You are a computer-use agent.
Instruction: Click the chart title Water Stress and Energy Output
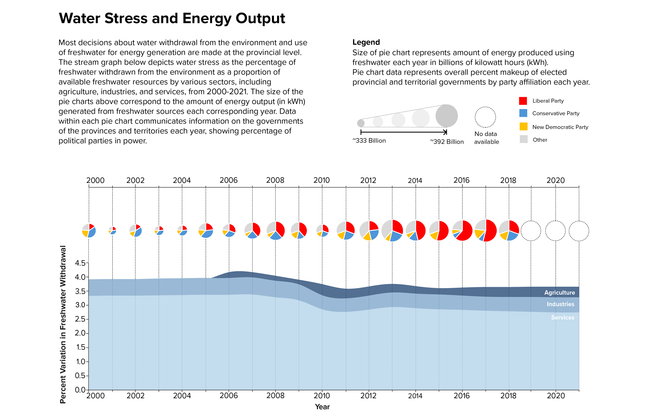(172, 18)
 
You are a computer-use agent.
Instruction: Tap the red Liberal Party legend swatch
(523, 101)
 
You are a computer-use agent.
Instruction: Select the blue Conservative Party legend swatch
(523, 113)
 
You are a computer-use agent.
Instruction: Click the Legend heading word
(366, 42)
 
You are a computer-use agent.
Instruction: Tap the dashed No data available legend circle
(485, 117)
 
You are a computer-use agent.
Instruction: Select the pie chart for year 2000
(89, 230)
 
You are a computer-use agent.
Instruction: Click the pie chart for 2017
(485, 230)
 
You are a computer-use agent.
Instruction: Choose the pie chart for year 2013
(392, 230)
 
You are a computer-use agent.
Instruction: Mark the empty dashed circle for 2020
(555, 231)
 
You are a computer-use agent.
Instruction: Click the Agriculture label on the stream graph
(559, 292)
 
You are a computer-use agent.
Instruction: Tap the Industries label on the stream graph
(560, 304)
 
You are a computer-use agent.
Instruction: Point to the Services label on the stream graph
(562, 317)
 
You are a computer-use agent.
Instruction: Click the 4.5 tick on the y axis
(80, 263)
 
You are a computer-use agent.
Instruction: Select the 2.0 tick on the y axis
(80, 333)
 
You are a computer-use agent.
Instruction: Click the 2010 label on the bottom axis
(322, 395)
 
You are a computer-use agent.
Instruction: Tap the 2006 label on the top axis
(228, 180)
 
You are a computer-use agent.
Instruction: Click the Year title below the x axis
(322, 407)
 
